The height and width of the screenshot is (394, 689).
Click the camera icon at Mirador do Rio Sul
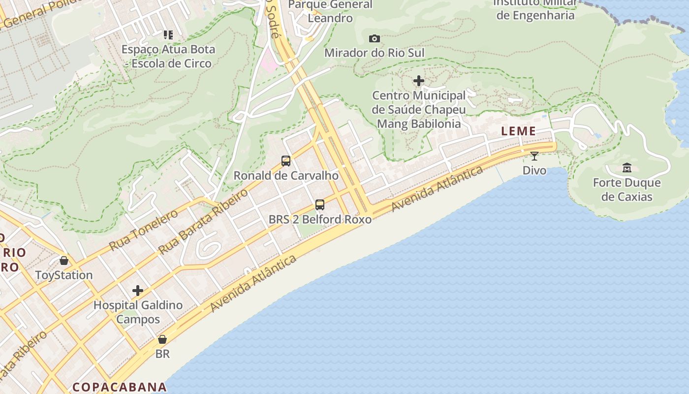(374, 38)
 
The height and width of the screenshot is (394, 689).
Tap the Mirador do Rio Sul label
(374, 53)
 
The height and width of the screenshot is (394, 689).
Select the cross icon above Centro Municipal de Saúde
(419, 80)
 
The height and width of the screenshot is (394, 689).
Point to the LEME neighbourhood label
(518, 131)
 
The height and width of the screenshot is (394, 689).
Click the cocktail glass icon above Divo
(534, 156)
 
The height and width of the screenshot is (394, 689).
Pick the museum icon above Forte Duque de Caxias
(627, 168)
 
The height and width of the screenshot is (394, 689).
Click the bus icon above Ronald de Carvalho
(286, 161)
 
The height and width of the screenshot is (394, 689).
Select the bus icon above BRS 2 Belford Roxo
(320, 204)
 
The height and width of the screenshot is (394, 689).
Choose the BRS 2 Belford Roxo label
(320, 219)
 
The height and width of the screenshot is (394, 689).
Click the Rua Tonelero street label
(143, 230)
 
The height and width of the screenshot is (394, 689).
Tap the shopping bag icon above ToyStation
(64, 261)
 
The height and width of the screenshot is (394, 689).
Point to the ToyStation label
(64, 275)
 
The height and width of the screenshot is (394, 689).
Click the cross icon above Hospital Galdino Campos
(138, 291)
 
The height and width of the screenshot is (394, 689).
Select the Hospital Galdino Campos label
(138, 312)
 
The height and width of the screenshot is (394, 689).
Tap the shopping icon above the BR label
(162, 339)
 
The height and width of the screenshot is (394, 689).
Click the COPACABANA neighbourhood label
(119, 387)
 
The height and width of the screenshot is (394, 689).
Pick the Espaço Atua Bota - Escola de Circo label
(168, 56)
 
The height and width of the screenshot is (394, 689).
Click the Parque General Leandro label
(330, 11)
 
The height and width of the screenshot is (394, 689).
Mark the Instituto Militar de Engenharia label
(535, 9)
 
